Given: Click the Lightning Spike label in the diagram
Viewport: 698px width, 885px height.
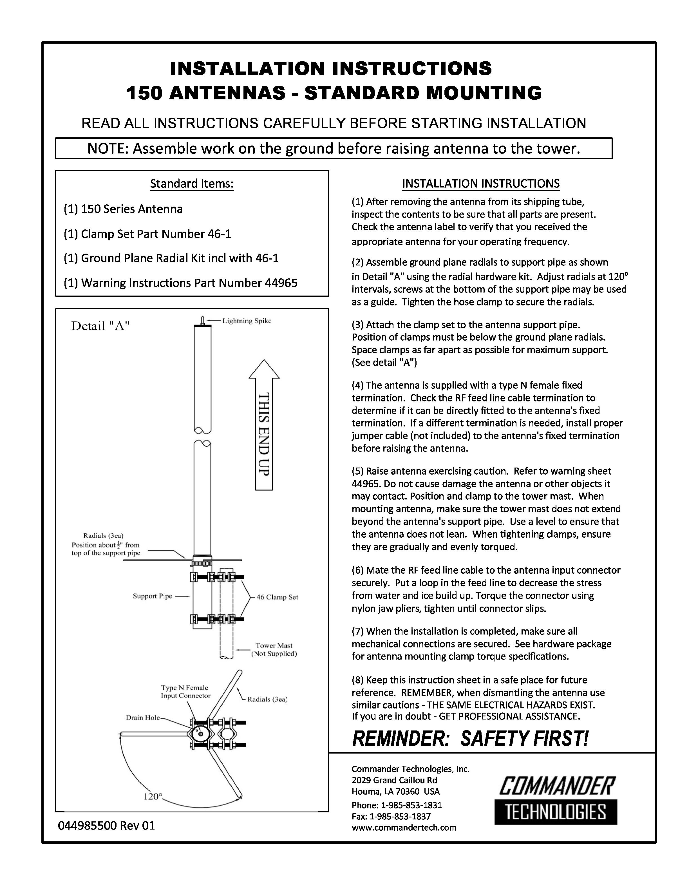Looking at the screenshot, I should [247, 321].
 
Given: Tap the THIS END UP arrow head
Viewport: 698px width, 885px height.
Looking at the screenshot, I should [264, 370].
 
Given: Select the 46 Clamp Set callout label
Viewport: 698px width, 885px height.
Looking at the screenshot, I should [277, 597].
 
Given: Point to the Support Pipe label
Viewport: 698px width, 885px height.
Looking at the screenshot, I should [153, 596].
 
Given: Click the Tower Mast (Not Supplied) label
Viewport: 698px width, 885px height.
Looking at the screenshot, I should [274, 650].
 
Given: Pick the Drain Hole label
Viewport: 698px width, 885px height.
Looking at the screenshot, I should [143, 718].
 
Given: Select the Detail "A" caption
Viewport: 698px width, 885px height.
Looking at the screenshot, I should [100, 326].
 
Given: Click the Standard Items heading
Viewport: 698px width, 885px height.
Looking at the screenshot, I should [192, 184].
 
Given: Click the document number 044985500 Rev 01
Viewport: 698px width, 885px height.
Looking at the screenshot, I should [106, 826].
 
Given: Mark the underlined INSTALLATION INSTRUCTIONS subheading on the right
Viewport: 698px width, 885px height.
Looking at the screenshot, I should [481, 184].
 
